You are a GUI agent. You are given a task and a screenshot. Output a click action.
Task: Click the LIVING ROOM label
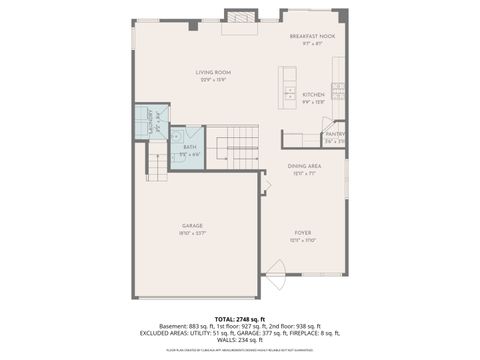coord(213,72)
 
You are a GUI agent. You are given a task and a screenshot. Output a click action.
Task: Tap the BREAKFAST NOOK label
coord(313,36)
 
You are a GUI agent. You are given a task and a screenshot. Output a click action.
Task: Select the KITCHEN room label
coord(314,94)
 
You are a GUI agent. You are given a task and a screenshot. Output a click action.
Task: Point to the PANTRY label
coord(335,133)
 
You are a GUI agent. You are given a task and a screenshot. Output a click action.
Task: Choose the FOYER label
coord(304,232)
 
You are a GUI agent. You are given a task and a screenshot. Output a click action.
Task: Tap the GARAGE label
coord(193,226)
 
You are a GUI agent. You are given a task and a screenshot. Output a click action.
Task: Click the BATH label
coord(189,148)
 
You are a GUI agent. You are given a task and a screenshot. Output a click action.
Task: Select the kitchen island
coord(288,84)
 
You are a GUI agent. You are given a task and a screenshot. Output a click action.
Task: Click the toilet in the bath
coord(177,133)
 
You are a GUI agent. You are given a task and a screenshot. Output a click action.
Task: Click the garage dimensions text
coord(193,234)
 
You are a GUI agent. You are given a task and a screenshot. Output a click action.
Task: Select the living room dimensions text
coord(213,80)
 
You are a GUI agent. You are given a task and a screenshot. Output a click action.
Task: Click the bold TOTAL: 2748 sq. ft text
coord(240,318)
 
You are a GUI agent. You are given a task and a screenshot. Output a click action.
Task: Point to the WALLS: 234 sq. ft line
coord(240,339)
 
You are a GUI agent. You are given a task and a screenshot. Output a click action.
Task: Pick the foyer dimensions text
coord(304,240)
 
